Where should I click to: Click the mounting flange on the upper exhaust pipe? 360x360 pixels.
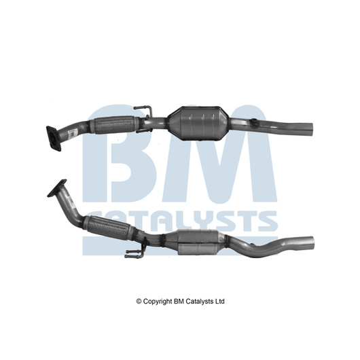click(54, 138)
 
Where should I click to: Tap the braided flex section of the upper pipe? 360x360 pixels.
click(114, 125)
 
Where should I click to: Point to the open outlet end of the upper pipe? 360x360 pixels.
click(310, 130)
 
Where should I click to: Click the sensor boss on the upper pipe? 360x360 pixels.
click(255, 122)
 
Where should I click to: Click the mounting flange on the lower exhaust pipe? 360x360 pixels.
click(57, 188)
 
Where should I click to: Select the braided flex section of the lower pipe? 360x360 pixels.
click(109, 228)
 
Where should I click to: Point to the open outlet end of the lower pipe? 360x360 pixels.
click(311, 243)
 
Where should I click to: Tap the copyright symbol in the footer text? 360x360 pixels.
click(139, 301)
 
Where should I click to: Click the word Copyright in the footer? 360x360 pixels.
click(158, 302)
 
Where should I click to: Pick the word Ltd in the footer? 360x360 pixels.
click(219, 301)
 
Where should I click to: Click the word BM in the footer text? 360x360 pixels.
click(179, 301)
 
